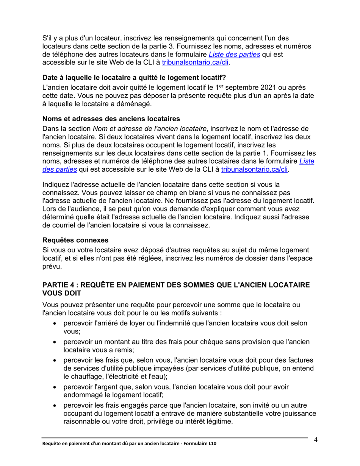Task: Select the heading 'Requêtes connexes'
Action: tap(75, 240)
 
